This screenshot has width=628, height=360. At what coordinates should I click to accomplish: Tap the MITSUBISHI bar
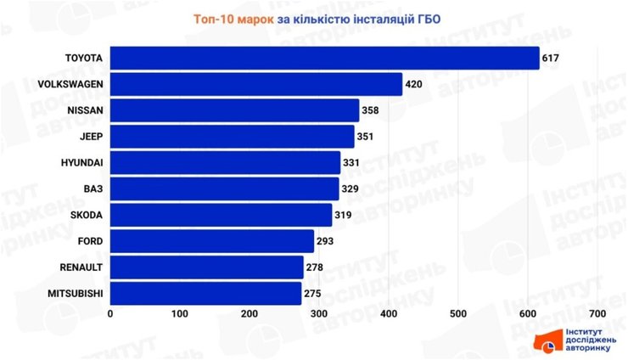(x=206, y=294)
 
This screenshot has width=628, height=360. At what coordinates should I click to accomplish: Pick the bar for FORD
(x=212, y=241)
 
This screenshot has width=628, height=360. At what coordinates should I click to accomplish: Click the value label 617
(x=552, y=59)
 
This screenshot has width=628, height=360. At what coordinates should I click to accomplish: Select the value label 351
(x=367, y=137)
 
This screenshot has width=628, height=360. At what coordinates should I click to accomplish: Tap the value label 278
(x=316, y=268)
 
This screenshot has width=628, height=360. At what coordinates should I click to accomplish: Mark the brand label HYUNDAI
(x=82, y=163)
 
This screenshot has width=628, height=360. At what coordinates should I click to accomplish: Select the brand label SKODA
(x=87, y=216)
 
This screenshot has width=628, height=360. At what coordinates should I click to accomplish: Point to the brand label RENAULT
(x=82, y=268)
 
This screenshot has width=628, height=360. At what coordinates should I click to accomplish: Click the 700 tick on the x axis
(x=597, y=314)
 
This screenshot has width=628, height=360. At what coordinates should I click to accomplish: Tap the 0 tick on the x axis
(x=110, y=314)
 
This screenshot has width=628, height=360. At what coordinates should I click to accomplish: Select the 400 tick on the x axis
(x=389, y=314)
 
